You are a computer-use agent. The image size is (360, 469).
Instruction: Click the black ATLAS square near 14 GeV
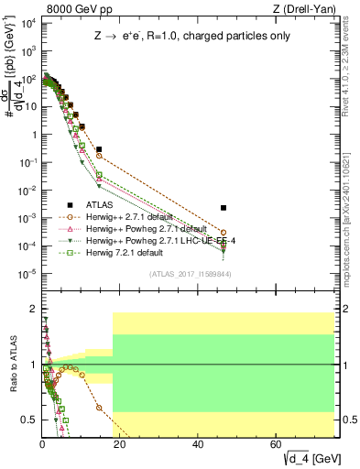99,148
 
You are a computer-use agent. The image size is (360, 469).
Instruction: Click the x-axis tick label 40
199,444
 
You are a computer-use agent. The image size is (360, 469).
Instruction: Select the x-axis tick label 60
277,444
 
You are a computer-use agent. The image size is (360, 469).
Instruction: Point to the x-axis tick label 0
43,444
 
